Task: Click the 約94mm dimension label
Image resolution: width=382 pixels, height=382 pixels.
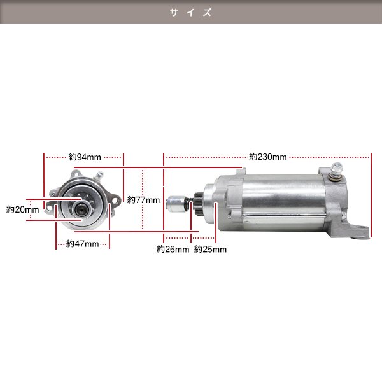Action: click(x=85, y=157)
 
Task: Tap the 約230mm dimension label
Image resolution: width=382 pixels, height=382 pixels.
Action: click(x=268, y=157)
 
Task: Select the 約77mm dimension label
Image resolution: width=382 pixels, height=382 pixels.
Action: click(x=143, y=200)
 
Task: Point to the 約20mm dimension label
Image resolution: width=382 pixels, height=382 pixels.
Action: click(x=22, y=209)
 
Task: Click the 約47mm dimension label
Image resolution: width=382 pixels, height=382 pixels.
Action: click(x=82, y=243)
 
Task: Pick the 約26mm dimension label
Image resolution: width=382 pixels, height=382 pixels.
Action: click(x=173, y=249)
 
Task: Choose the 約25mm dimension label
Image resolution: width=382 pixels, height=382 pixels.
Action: click(x=210, y=249)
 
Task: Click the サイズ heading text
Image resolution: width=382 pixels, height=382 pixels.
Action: click(x=191, y=12)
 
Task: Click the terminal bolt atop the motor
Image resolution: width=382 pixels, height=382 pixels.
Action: click(x=336, y=172)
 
